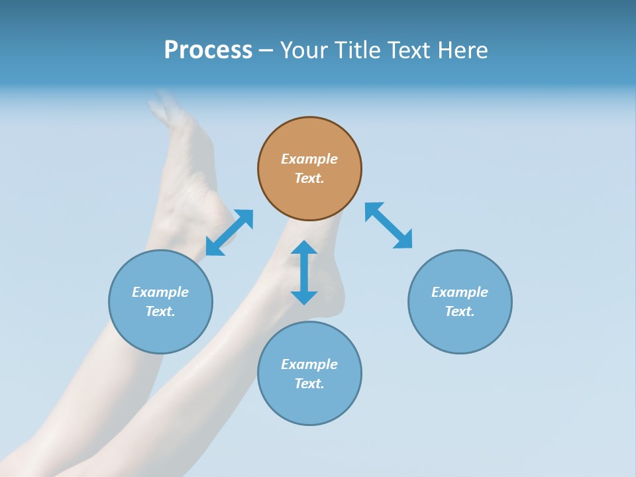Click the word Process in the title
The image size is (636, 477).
[208, 50]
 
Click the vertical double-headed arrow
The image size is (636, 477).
[304, 272]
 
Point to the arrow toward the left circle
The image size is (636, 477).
[229, 233]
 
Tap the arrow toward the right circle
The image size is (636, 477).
[389, 225]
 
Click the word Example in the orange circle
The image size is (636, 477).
[309, 159]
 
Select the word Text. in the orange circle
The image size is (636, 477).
[309, 178]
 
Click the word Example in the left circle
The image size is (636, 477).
[160, 292]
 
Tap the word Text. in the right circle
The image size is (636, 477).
[460, 311]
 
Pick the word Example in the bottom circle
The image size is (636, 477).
[309, 364]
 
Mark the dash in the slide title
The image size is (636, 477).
[266, 50]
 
